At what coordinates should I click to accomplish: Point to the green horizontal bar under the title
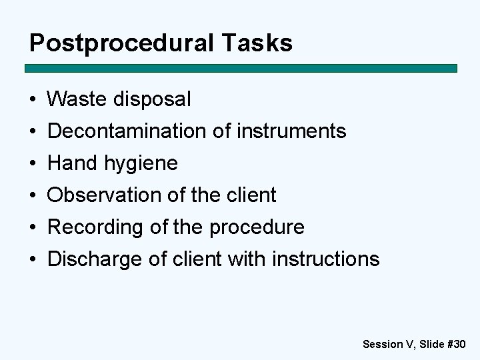point(241,68)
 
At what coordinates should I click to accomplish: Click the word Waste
point(78,99)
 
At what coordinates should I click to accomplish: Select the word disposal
point(153,99)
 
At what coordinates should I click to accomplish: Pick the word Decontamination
point(127,131)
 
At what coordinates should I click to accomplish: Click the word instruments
point(292,131)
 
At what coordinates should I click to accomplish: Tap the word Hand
point(71,163)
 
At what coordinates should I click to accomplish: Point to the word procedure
point(257,227)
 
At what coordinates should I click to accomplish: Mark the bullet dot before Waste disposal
point(32,100)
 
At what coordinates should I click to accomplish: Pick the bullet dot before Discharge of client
point(32,259)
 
